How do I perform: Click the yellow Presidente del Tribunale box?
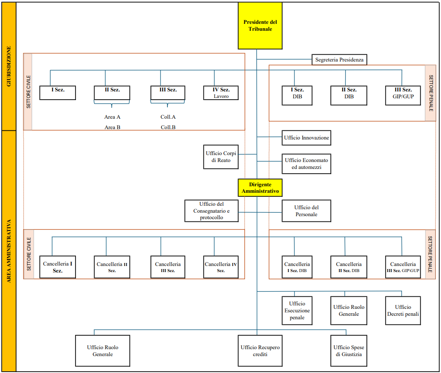[260, 26]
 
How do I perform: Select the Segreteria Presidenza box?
[340, 60]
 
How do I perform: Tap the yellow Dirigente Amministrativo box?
[260, 188]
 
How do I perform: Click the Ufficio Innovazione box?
[307, 138]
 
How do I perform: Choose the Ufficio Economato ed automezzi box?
[307, 164]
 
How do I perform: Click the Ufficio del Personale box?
[307, 211]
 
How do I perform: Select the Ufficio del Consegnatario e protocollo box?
[212, 211]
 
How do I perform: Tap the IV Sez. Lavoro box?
[221, 93]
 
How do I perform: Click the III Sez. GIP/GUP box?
[403, 96]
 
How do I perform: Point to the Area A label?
[112, 117]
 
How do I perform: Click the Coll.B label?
[168, 127]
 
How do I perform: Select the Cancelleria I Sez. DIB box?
[297, 267]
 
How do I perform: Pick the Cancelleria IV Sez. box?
[221, 267]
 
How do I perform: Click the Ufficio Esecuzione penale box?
[297, 311]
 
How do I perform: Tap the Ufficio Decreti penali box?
[403, 311]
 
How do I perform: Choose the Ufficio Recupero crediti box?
[260, 350]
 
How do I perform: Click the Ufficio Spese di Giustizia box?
[349, 350]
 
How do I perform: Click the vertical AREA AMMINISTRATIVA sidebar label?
[9, 251]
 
